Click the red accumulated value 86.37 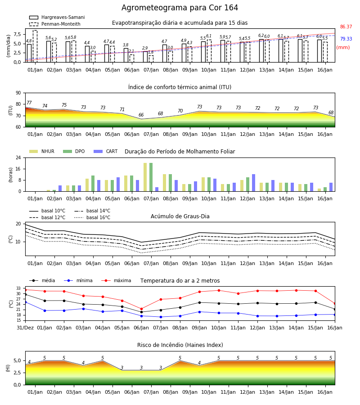click(346, 27)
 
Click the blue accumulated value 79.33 click(346, 39)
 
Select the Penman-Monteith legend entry click(55, 24)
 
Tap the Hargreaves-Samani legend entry click(57, 17)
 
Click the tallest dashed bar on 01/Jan click(35, 46)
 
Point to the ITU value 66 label click(141, 115)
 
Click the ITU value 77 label click(29, 103)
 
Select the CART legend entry click(105, 151)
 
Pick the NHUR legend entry click(42, 151)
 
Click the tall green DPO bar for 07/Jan click(151, 177)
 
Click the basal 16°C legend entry click(92, 217)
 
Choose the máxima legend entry click(116, 280)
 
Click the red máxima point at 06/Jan click(141, 309)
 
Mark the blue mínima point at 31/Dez click(26, 302)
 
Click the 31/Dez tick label click(25, 328)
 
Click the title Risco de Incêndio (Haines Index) click(180, 345)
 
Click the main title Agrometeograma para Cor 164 click(180, 8)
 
